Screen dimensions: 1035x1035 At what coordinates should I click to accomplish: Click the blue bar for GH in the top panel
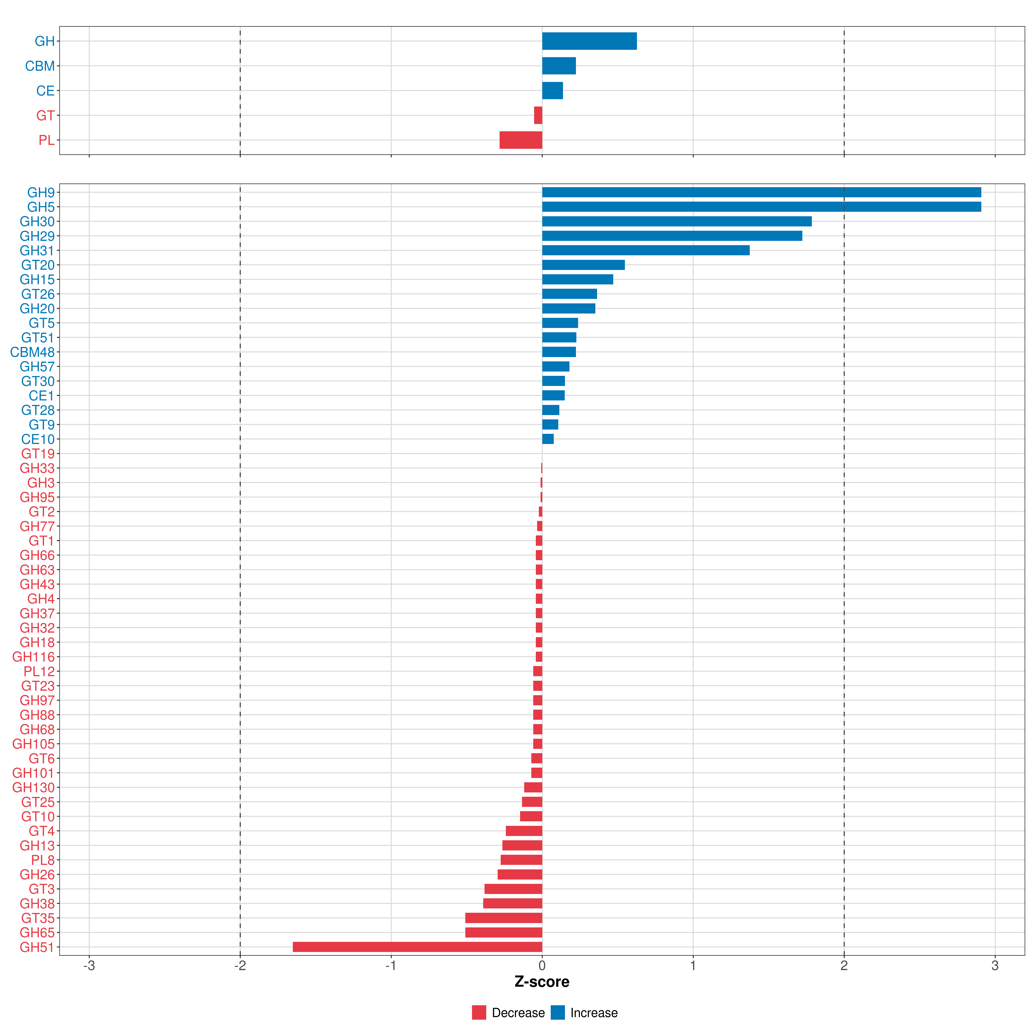589,41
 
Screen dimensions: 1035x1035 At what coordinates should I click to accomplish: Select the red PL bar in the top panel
521,140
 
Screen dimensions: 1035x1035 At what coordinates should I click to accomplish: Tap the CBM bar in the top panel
559,66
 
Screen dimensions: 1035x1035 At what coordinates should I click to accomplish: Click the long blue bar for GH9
761,192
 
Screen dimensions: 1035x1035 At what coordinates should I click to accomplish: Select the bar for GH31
646,250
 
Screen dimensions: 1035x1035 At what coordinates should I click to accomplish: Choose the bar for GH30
677,221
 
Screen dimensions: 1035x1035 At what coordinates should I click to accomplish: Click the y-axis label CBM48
32,352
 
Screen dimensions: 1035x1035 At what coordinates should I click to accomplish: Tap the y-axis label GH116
33,657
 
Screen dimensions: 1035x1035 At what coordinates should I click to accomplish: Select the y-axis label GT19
38,454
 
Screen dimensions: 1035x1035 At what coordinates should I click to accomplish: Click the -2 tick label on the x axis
240,965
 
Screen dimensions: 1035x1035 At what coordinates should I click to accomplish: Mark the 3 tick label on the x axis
995,965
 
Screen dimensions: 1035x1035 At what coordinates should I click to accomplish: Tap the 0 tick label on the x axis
542,965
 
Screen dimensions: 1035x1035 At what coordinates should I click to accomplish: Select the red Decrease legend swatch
479,1013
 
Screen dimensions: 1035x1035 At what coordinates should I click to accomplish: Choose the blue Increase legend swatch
558,1013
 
